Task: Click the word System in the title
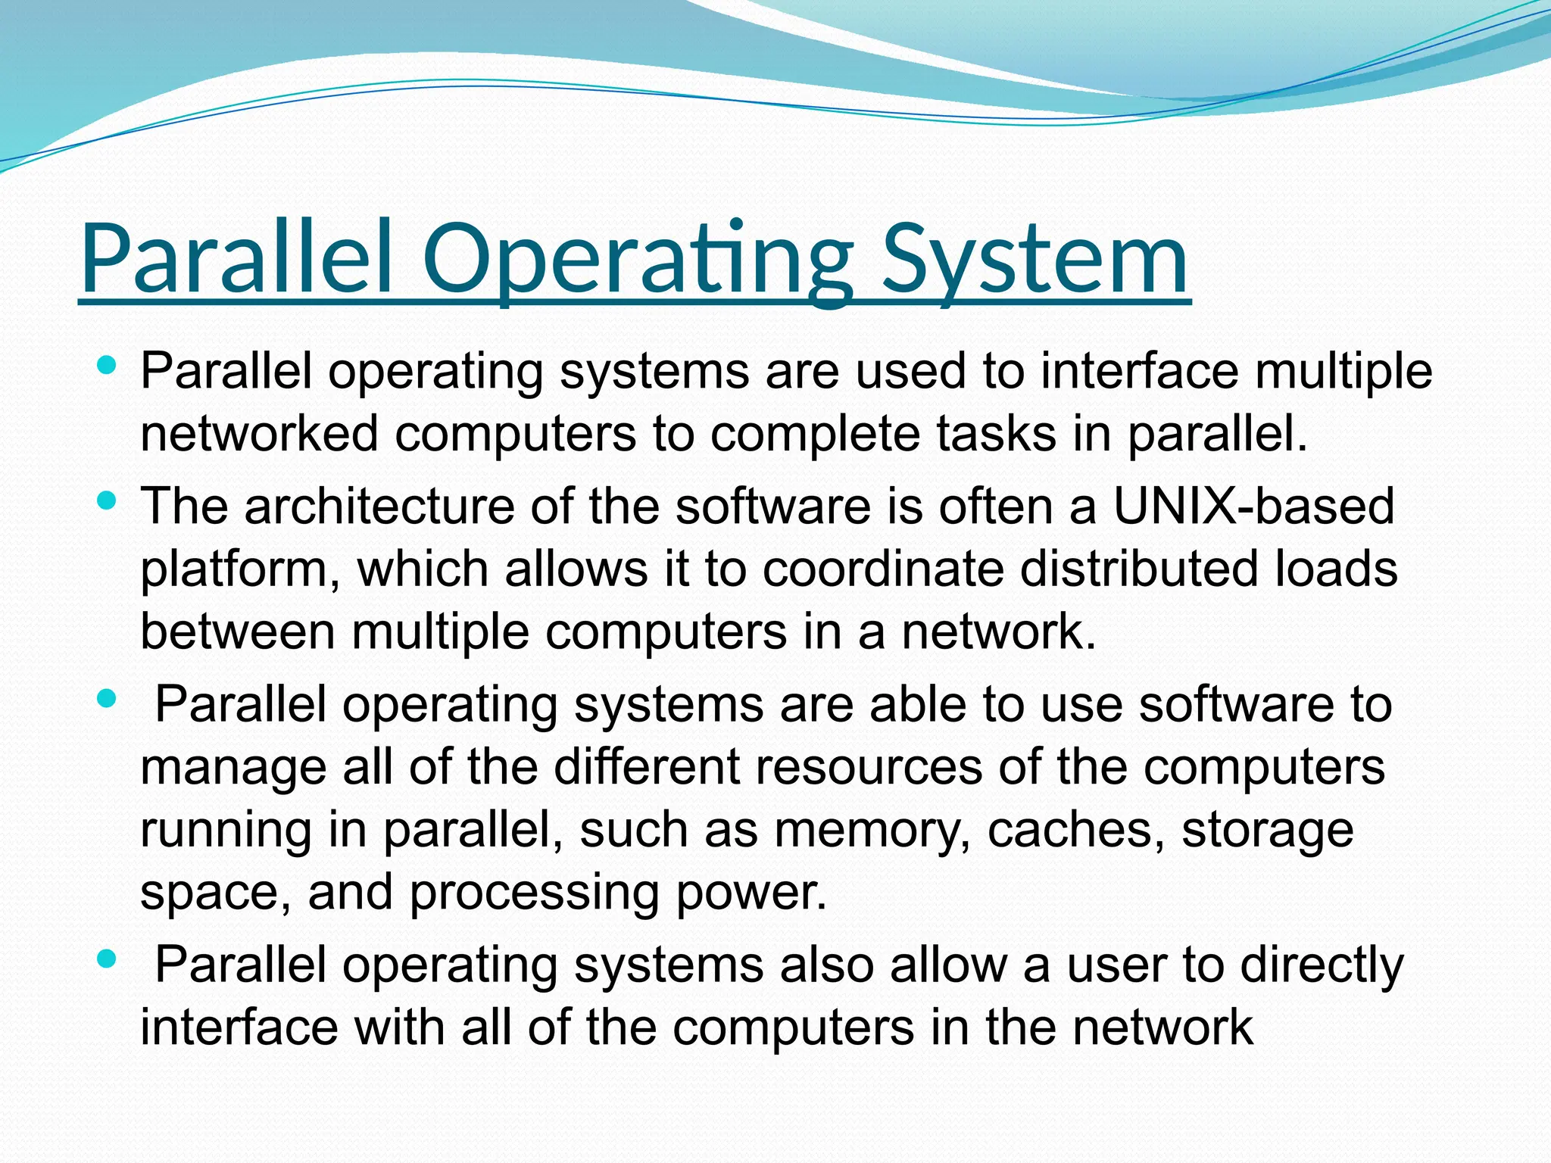(x=1035, y=259)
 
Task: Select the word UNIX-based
(x=1253, y=506)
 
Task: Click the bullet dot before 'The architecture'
(x=107, y=500)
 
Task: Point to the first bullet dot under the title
(x=107, y=366)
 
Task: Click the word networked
(x=259, y=434)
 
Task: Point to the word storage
(x=1268, y=831)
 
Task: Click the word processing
(x=535, y=893)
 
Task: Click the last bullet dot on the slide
(x=107, y=959)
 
